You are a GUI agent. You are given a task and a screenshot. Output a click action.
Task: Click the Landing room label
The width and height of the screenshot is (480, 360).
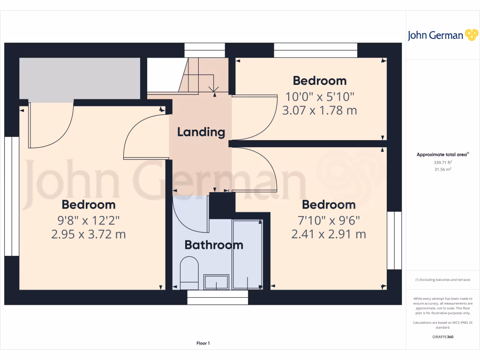[201, 132]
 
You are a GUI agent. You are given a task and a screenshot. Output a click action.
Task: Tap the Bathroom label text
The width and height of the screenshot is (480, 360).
[214, 245]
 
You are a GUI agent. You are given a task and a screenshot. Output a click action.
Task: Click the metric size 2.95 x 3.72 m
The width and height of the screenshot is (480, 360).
[89, 234]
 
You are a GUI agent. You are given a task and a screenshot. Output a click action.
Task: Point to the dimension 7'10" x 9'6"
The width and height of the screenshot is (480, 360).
[328, 220]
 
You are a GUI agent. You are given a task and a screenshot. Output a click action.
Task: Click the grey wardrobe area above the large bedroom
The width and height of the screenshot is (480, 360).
[80, 78]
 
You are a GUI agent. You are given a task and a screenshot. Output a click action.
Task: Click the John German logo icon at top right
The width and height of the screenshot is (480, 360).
[471, 35]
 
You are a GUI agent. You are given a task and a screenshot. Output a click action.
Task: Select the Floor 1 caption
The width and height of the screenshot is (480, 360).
[203, 344]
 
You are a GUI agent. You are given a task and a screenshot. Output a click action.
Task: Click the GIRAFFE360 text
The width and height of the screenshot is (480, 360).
[442, 337]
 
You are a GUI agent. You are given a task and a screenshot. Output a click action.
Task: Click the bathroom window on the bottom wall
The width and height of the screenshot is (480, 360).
[217, 297]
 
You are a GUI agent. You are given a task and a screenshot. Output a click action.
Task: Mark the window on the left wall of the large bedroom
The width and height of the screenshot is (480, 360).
[12, 196]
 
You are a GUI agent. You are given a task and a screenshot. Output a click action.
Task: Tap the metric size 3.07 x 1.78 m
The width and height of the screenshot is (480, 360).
[320, 111]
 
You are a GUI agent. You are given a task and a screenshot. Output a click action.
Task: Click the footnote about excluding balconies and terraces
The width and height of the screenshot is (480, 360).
[442, 280]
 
